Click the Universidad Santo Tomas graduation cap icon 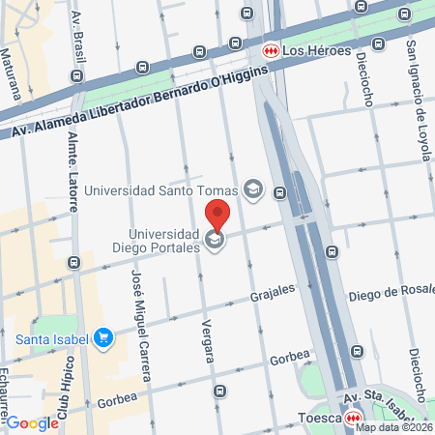[x=253, y=188]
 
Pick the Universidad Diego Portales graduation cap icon [x=215, y=240]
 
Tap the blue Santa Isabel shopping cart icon [x=104, y=338]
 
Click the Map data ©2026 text [x=392, y=426]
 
